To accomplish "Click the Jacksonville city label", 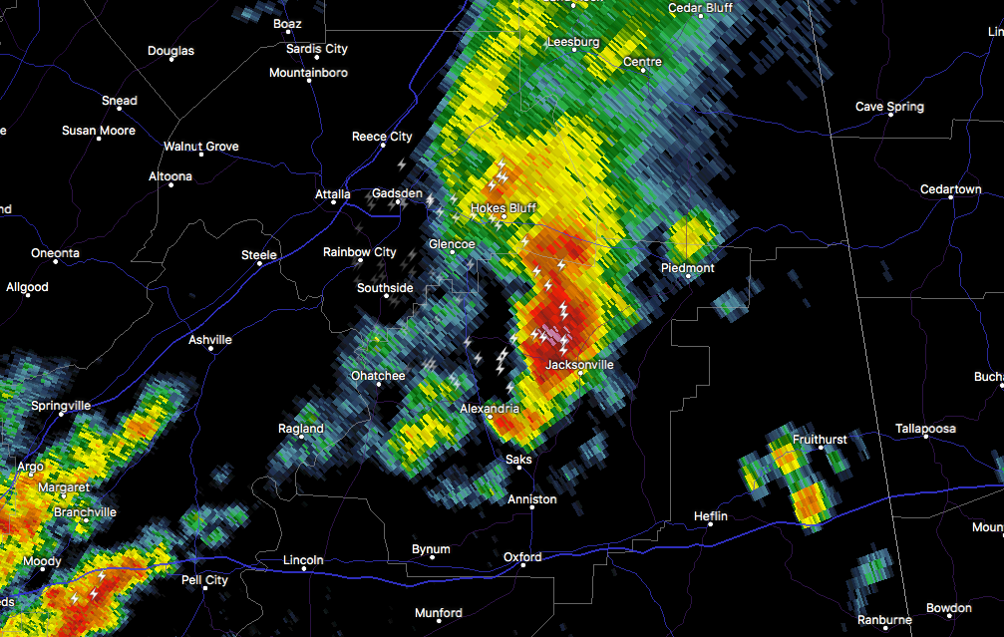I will click(x=579, y=365).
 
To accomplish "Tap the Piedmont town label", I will click(x=688, y=268).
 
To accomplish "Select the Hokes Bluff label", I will click(x=503, y=208).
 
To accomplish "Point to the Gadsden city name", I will click(x=397, y=192).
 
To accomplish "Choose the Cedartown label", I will click(x=950, y=189).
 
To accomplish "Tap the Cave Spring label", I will click(x=889, y=107).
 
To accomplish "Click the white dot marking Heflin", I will click(x=711, y=527).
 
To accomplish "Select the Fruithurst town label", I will click(x=820, y=440).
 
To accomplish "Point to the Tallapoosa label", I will click(x=924, y=429).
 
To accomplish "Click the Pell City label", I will click(x=204, y=580).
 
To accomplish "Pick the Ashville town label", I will click(x=210, y=340).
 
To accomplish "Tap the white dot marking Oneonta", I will click(x=55, y=265).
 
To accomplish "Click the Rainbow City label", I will click(x=359, y=252).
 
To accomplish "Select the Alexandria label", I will click(x=490, y=409).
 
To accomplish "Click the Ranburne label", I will click(x=884, y=620).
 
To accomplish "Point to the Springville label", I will click(x=61, y=406).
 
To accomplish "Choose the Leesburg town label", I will click(x=573, y=43).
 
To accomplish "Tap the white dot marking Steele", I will click(x=259, y=266).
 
